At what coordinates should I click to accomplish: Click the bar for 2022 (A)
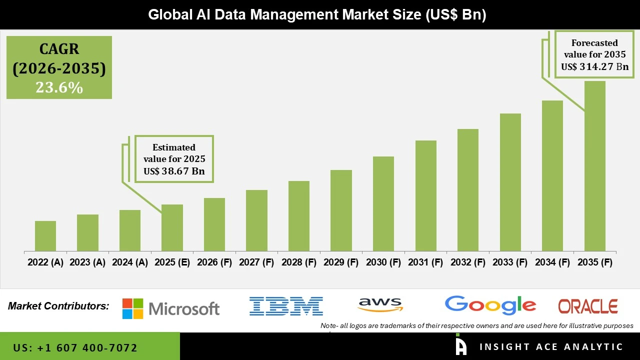(x=45, y=236)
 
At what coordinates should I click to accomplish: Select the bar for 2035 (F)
(x=594, y=166)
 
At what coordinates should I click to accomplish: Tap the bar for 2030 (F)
(x=383, y=203)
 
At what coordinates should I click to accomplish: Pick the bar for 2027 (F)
(x=256, y=220)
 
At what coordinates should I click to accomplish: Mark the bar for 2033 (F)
(x=510, y=182)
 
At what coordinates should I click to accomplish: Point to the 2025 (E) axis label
(x=172, y=262)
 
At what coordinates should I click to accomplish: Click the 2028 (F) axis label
(x=299, y=262)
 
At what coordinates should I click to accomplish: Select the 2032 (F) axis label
(x=468, y=262)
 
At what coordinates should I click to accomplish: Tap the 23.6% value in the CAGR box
(x=59, y=87)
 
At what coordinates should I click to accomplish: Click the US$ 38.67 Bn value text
(x=174, y=171)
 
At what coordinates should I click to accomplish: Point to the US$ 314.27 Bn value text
(x=594, y=66)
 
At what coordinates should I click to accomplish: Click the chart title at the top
(x=317, y=15)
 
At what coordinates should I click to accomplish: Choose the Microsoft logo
(x=171, y=308)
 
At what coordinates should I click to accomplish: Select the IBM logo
(x=286, y=306)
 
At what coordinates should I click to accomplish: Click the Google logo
(x=490, y=305)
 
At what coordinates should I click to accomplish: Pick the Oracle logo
(x=587, y=306)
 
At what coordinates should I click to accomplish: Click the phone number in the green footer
(x=75, y=347)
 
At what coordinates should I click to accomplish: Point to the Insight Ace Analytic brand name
(x=551, y=347)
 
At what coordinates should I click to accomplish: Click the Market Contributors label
(x=58, y=306)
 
